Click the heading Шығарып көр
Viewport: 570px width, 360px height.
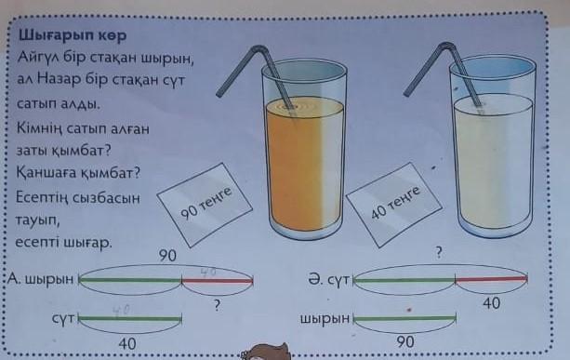point(73,35)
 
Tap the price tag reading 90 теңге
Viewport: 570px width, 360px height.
point(205,205)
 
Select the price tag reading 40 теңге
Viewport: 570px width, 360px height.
point(394,205)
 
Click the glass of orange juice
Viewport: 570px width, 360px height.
point(304,149)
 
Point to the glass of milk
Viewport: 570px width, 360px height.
point(493,146)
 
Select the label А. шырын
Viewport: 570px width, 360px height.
point(40,279)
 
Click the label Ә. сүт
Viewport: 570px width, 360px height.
point(328,280)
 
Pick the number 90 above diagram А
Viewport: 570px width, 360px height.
point(167,256)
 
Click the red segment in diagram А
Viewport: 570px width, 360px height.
point(217,281)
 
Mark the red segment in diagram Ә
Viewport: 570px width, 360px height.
point(491,279)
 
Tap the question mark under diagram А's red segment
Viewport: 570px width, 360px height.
point(217,305)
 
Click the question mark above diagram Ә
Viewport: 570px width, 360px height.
point(439,252)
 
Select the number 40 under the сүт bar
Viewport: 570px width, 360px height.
point(127,343)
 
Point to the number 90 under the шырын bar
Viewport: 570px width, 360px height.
point(405,341)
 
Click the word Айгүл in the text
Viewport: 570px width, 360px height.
point(38,58)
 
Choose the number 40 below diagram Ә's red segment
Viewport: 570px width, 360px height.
point(492,303)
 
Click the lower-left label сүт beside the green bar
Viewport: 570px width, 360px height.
point(63,318)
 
